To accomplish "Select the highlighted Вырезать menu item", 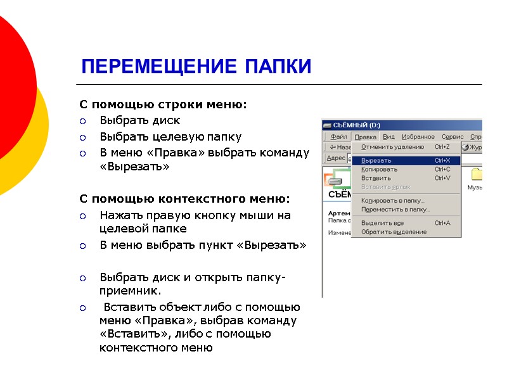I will click(x=376, y=160).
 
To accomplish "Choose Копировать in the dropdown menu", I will click(x=380, y=169).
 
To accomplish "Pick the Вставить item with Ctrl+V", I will click(x=376, y=178).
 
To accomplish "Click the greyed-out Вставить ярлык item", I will click(x=385, y=187).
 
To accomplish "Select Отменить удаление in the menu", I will click(x=392, y=147).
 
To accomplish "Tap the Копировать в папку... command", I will click(x=393, y=201).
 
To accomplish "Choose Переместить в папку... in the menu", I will click(x=395, y=209).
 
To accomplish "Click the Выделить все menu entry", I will click(x=382, y=223).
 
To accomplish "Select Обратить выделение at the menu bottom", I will click(x=394, y=232).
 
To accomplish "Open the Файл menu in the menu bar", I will click(x=339, y=137).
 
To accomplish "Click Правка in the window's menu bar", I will click(x=366, y=137).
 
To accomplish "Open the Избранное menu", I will click(x=418, y=137).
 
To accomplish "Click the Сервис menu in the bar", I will click(x=452, y=137).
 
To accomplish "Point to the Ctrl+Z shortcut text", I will click(x=442, y=147).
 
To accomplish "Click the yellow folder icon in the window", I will click(x=477, y=175).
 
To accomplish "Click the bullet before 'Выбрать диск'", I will click(x=82, y=120).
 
